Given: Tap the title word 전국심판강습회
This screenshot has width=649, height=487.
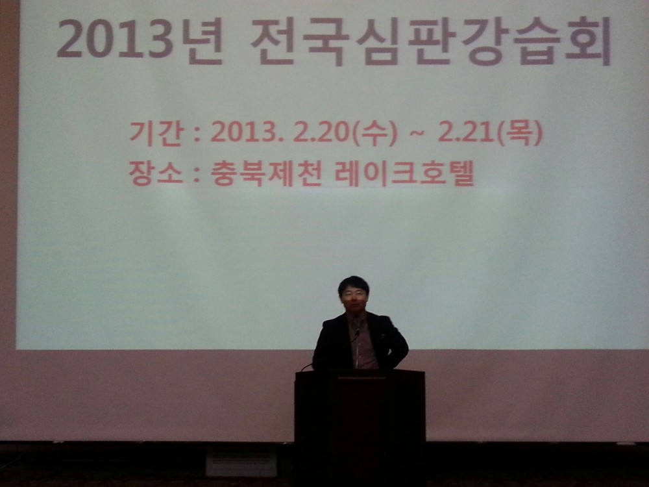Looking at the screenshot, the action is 431,42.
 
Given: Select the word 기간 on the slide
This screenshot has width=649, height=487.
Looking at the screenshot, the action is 155,133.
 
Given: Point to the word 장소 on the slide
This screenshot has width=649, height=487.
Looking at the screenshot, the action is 155,173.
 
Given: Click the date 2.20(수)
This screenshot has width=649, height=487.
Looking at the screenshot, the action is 345,133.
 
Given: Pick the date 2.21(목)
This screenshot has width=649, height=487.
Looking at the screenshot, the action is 489,133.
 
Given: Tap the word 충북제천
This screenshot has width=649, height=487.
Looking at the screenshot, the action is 265,173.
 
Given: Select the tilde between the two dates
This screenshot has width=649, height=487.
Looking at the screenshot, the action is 417,134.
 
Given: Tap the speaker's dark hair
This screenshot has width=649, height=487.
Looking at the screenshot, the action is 353,284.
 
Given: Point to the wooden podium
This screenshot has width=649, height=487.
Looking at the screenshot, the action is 360,427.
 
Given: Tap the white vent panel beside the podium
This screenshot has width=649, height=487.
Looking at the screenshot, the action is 241,460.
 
